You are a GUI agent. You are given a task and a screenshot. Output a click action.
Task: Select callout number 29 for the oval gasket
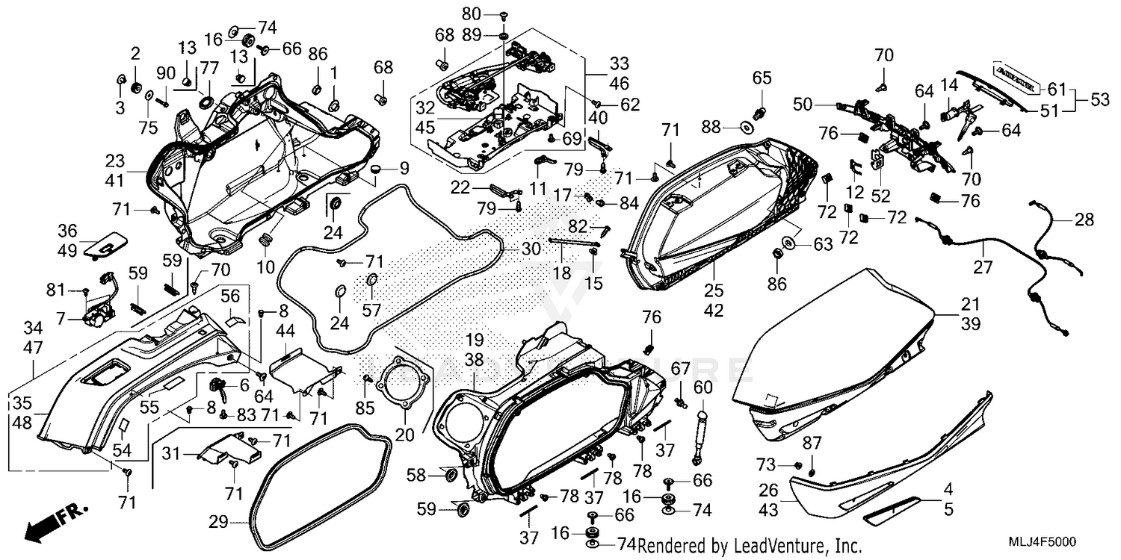point(218,523)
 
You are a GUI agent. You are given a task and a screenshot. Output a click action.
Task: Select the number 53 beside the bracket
point(1099,99)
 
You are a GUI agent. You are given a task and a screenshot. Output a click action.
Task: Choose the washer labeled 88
point(746,127)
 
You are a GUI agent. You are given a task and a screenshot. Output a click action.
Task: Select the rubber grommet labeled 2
point(136,88)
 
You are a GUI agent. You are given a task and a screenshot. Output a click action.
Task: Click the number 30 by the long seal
point(530,249)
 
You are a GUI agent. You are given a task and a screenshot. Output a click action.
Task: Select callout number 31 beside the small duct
point(171,452)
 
